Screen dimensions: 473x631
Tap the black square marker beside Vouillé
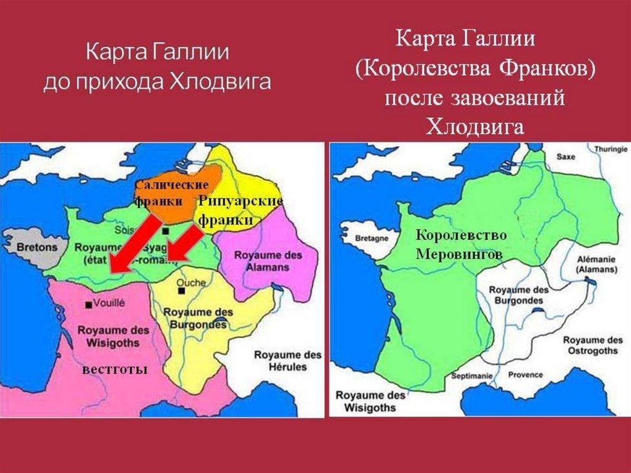pyautogui.click(x=89, y=305)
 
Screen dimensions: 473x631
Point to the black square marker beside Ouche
pyautogui.click(x=181, y=290)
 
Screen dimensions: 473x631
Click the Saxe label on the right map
pyautogui.click(x=565, y=157)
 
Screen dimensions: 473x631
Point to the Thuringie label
pyautogui.click(x=611, y=149)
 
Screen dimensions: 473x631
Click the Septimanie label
pyautogui.click(x=471, y=376)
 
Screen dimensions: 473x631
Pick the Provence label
pyautogui.click(x=525, y=374)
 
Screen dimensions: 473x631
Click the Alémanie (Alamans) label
pyautogui.click(x=597, y=265)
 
